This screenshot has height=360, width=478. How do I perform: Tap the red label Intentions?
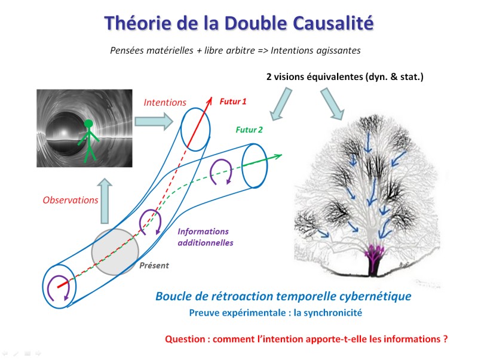[165, 102]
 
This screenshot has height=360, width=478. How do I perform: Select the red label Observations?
[71, 200]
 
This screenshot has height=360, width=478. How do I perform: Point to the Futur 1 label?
[233, 101]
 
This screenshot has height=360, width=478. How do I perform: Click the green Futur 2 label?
[249, 130]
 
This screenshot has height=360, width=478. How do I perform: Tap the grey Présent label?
[154, 265]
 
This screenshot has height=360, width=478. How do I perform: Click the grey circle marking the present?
[115, 252]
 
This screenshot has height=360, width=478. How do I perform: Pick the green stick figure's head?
[88, 124]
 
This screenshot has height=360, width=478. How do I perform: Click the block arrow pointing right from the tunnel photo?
[154, 121]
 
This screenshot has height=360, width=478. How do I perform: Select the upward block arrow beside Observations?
[105, 201]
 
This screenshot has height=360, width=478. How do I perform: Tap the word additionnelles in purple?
[206, 243]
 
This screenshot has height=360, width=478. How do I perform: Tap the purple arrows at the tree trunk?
[374, 252]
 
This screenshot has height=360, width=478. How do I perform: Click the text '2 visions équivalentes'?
[315, 76]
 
